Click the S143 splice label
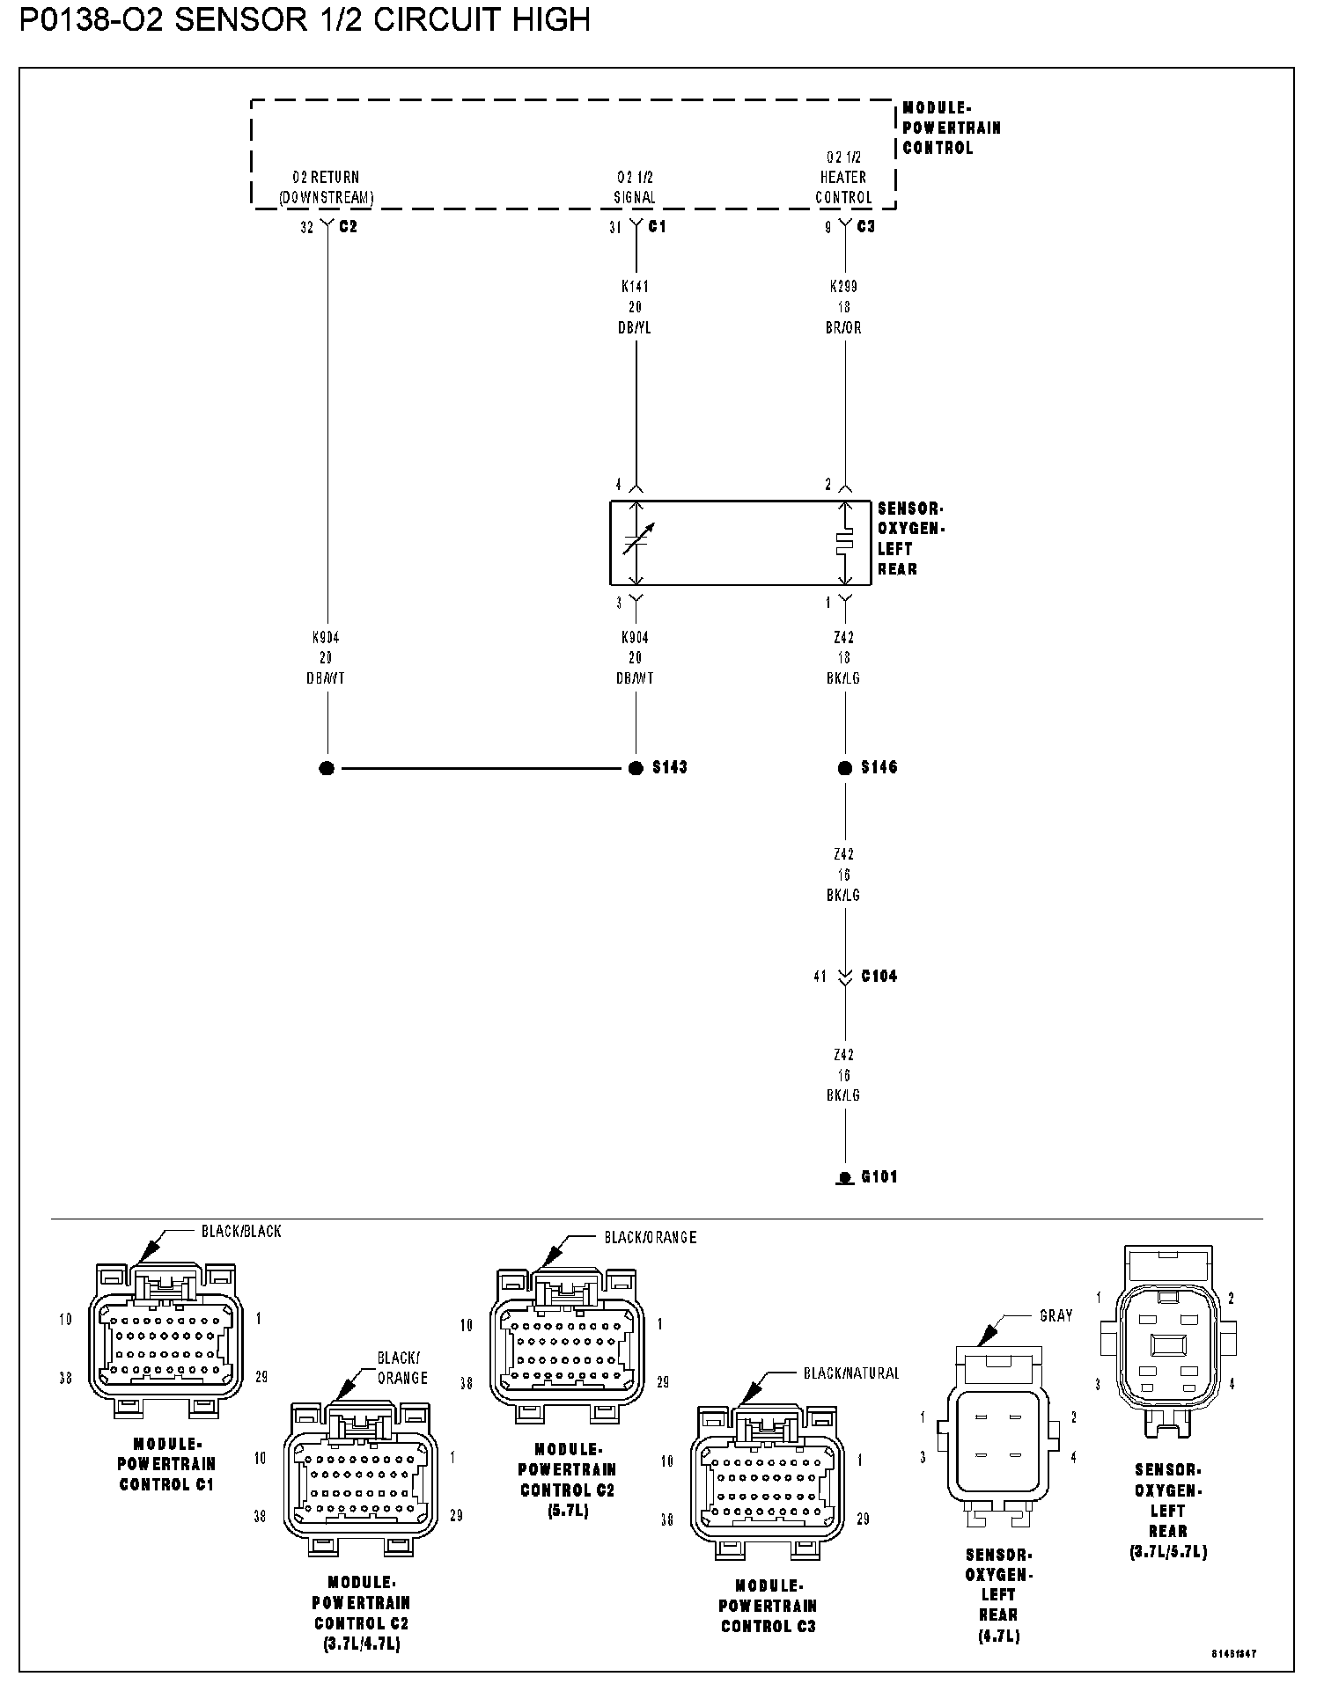[x=669, y=767]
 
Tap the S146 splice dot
[x=845, y=768]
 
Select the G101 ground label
[x=879, y=1176]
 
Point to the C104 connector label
[x=879, y=976]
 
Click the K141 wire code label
[x=635, y=286]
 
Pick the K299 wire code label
[x=843, y=286]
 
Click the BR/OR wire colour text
[x=844, y=327]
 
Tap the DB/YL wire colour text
[x=635, y=327]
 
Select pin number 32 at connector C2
[x=306, y=227]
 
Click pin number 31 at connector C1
[x=615, y=227]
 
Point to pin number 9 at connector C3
[x=828, y=227]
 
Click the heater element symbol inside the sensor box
[x=845, y=543]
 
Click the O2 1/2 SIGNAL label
[x=634, y=187]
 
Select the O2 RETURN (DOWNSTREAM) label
[x=326, y=187]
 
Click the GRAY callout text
[x=1056, y=1315]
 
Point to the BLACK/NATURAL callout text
[x=850, y=1373]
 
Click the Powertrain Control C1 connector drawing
[x=165, y=1338]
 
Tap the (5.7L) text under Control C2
[x=567, y=1511]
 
